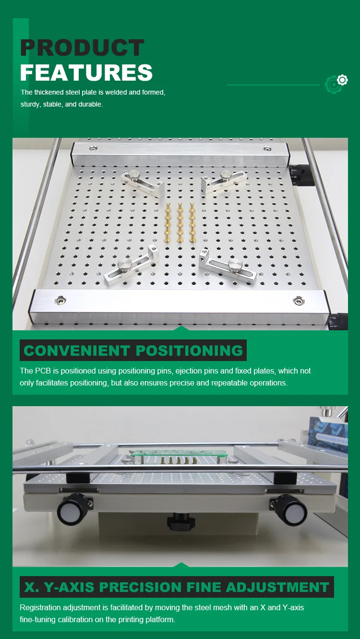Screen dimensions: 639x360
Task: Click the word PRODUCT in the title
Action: pos(82,48)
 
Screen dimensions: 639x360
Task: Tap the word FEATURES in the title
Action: pos(86,72)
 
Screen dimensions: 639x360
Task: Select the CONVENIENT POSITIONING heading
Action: pos(133,350)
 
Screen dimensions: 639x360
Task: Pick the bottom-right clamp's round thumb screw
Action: pos(235,264)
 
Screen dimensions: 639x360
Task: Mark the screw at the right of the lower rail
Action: pos(299,301)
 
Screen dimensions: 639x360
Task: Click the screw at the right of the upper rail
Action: pos(267,150)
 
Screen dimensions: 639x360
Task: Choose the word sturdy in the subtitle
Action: pos(31,104)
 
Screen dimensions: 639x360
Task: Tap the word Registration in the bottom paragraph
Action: pos(39,608)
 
